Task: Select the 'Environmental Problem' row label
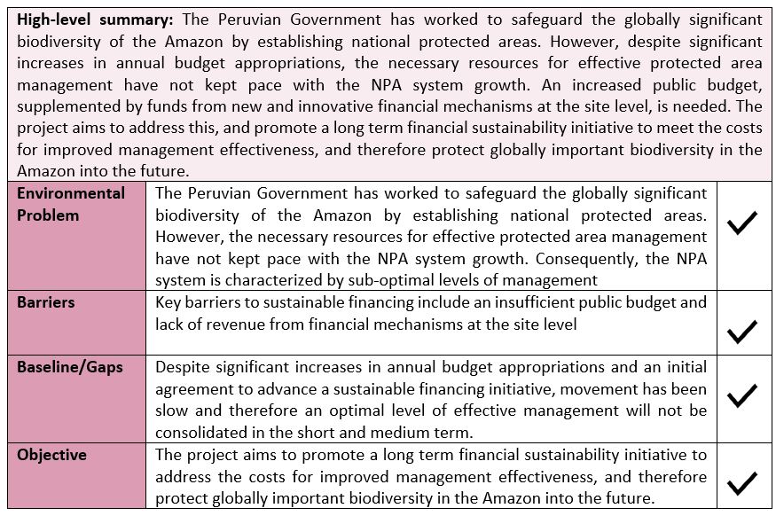[70, 204]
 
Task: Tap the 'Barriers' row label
[45, 302]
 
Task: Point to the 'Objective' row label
[51, 455]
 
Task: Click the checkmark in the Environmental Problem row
[741, 223]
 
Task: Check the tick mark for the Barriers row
[741, 332]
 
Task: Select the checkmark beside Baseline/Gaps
[741, 395]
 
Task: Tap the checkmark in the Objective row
[741, 483]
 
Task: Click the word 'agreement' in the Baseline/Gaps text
[197, 388]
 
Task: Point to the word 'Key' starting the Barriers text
[169, 302]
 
